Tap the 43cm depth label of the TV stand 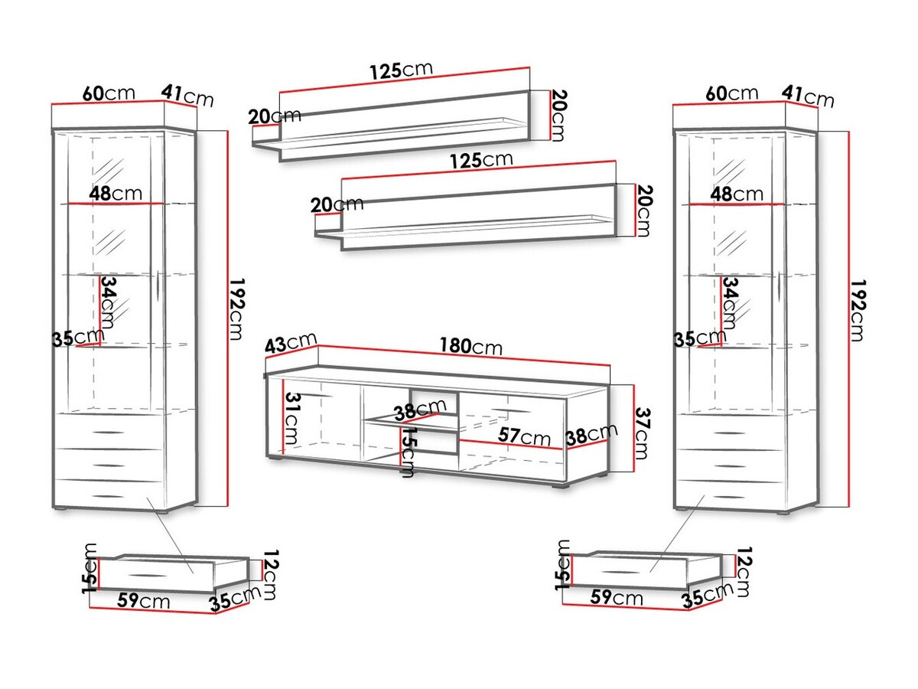[290, 344]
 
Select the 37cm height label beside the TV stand [643, 433]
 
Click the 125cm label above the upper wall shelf [401, 71]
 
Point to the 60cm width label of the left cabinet [108, 93]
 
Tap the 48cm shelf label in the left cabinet [115, 193]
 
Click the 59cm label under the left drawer [144, 599]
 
